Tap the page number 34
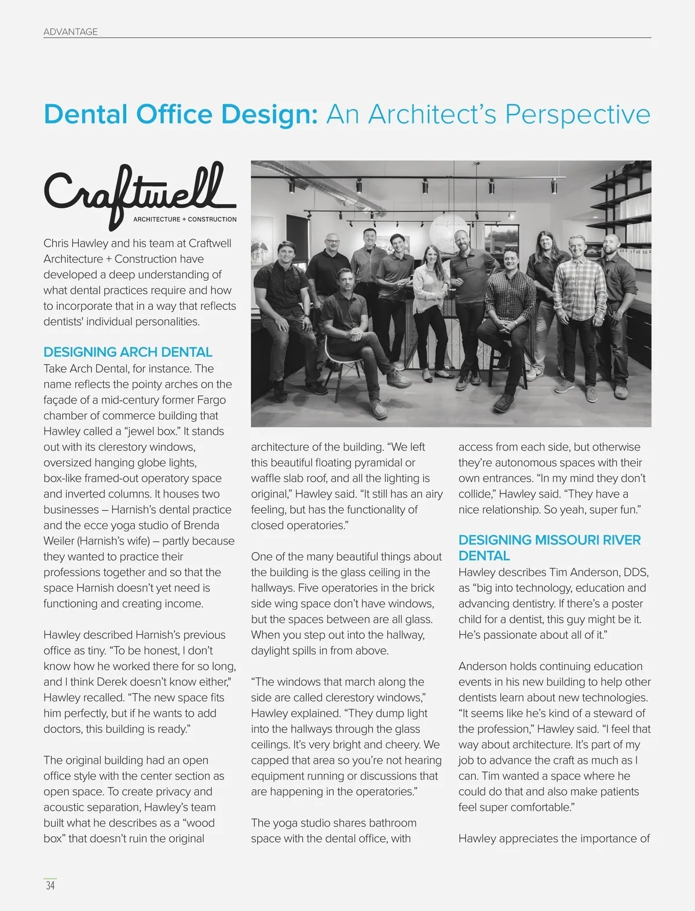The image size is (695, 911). [50, 885]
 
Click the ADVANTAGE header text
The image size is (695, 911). [71, 32]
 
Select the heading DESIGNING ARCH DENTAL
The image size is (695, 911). [128, 352]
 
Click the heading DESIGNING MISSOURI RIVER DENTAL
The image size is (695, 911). [549, 548]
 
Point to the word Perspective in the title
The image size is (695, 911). [577, 114]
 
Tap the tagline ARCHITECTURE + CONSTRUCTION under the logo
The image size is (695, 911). [185, 219]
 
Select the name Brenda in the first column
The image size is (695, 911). [202, 526]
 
